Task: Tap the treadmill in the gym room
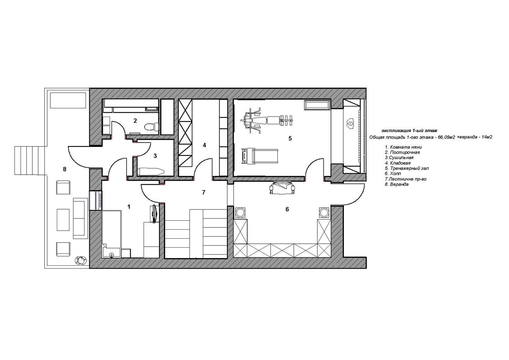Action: (x=260, y=156)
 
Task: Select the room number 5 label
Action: (x=290, y=138)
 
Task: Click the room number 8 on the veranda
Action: (x=65, y=169)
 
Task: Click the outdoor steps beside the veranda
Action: (x=30, y=161)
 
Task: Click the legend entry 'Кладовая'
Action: (x=397, y=163)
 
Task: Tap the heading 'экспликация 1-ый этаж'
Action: (x=409, y=131)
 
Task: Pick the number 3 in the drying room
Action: (x=155, y=156)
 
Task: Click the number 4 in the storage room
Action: (x=204, y=145)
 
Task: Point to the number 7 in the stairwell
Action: (x=204, y=192)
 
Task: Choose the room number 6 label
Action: (x=287, y=209)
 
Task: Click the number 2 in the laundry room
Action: (x=135, y=121)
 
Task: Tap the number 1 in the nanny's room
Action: (x=129, y=207)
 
